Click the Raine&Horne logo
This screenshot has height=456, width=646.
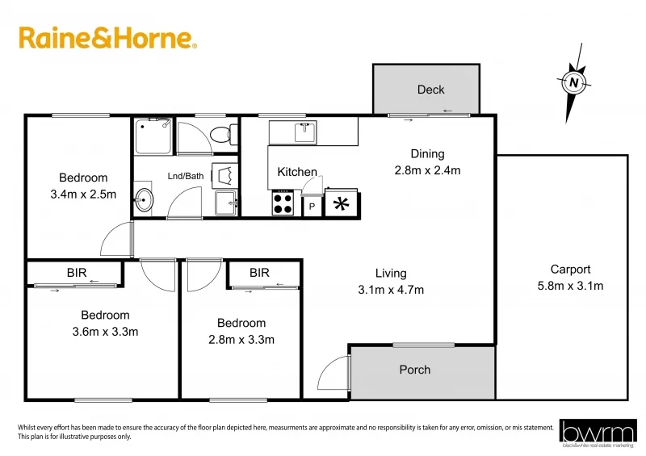[x=107, y=38]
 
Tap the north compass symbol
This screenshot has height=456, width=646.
[x=573, y=82]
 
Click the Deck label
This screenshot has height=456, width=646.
[x=430, y=90]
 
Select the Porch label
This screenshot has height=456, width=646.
[x=415, y=370]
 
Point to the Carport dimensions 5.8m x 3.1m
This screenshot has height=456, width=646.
[x=570, y=286]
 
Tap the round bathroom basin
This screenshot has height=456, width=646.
[x=144, y=200]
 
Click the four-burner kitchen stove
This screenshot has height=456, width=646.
[x=283, y=202]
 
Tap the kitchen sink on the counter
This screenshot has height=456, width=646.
[x=304, y=132]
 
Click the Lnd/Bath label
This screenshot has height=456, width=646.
[x=186, y=176]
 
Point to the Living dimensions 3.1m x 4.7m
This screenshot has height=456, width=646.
[x=391, y=290]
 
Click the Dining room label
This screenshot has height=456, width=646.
[x=427, y=154]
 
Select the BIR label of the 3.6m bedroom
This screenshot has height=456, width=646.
[x=77, y=274]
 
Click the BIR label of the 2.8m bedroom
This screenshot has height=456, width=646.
[x=259, y=274]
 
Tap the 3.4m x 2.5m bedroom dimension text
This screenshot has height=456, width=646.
[x=83, y=194]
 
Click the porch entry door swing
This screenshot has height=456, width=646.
[x=333, y=377]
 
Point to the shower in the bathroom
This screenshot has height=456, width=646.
[x=153, y=136]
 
